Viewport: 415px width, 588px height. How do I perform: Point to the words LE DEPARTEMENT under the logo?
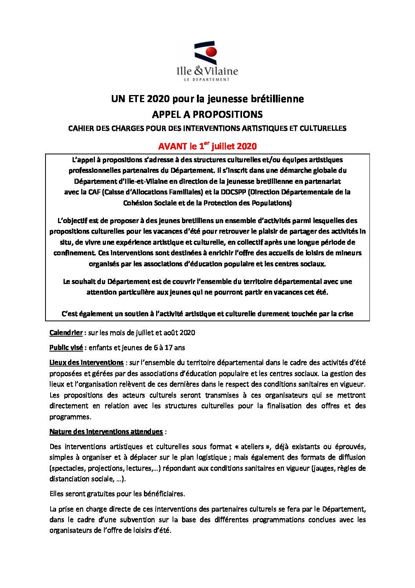pyautogui.click(x=207, y=79)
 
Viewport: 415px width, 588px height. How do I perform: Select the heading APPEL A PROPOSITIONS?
pyautogui.click(x=207, y=114)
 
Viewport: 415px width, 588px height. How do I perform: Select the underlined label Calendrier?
pyautogui.click(x=66, y=333)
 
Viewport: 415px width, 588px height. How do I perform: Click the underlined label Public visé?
pyautogui.click(x=66, y=348)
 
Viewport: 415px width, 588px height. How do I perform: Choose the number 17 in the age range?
pyautogui.click(x=168, y=348)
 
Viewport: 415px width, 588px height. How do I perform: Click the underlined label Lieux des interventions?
pyautogui.click(x=86, y=363)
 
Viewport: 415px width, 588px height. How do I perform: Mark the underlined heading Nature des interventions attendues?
pyautogui.click(x=106, y=432)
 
